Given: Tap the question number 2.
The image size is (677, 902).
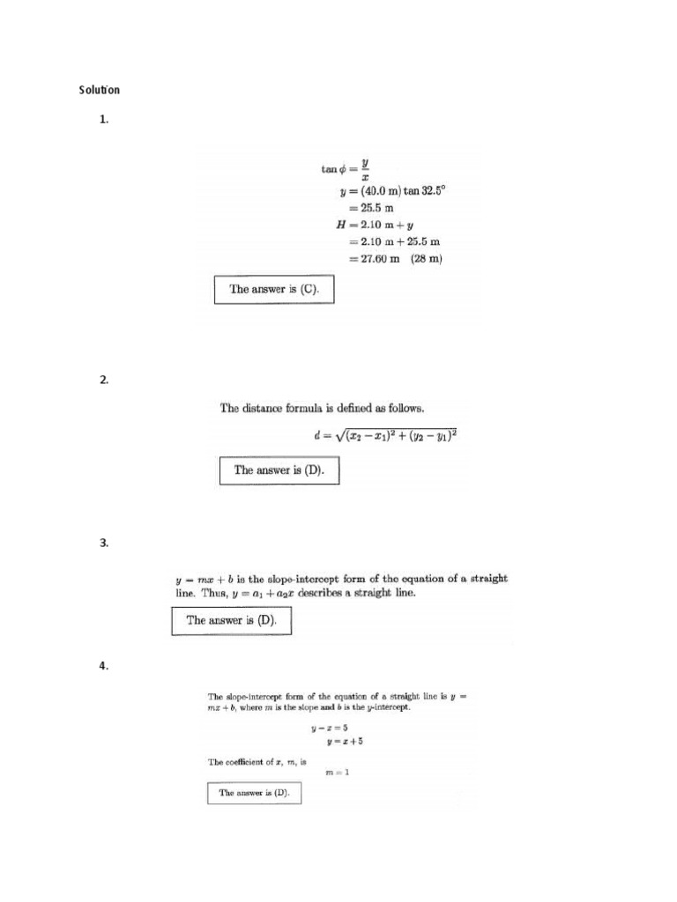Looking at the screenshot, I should pos(103,380).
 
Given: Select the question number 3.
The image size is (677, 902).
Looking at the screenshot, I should pos(103,543).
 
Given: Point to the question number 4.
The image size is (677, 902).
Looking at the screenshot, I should pos(103,666).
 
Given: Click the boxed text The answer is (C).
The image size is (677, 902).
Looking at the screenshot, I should pos(274,289).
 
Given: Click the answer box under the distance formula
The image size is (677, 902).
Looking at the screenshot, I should pos(279,470).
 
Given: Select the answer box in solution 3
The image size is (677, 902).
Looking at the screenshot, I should pos(231,621).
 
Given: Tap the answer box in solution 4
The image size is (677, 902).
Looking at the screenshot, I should pos(254,794).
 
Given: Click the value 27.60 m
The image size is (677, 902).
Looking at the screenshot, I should pos(376,259).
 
